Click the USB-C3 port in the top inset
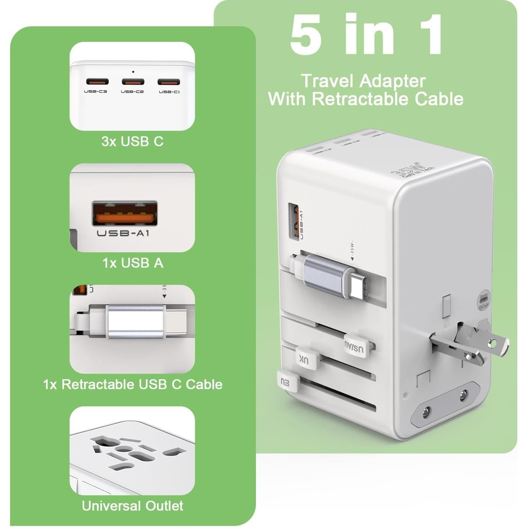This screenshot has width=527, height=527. pyautogui.click(x=97, y=81)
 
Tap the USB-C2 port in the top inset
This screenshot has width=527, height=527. pyautogui.click(x=133, y=81)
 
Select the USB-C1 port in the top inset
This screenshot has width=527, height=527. pyautogui.click(x=169, y=82)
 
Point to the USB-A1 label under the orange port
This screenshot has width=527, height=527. pyautogui.click(x=123, y=233)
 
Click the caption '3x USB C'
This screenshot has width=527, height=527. pyautogui.click(x=132, y=141)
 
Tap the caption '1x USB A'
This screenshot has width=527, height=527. pyautogui.click(x=133, y=263)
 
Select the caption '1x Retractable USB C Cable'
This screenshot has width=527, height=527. pyautogui.click(x=133, y=384)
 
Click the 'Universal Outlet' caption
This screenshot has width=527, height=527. pyautogui.click(x=132, y=506)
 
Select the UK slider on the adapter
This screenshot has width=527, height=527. pyautogui.click(x=306, y=359)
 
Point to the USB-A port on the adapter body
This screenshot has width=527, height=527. pyautogui.click(x=294, y=221)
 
